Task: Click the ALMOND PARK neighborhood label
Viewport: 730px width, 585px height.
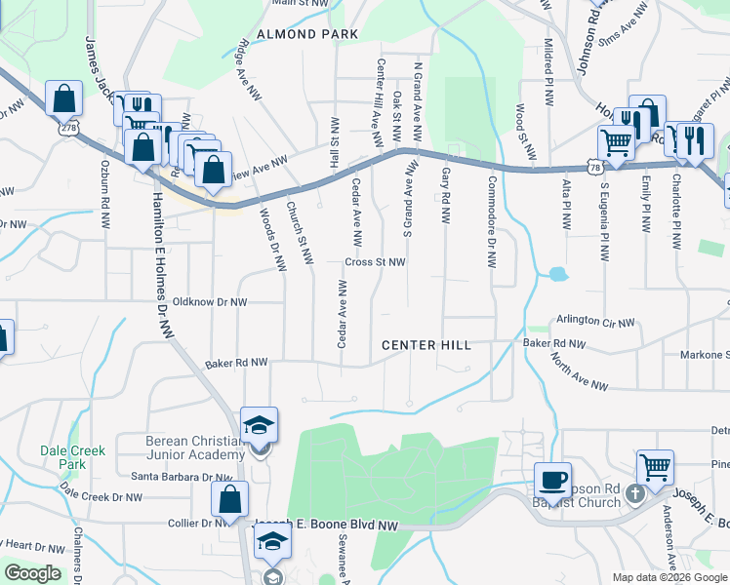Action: (x=294, y=34)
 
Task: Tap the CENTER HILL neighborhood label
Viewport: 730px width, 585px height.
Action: (x=426, y=345)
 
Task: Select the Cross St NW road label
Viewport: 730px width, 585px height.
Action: (x=374, y=262)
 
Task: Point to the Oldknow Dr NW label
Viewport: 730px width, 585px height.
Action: (x=210, y=302)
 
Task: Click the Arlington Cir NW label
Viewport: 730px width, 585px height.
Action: (x=595, y=320)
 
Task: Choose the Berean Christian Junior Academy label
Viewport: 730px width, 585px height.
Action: (x=195, y=448)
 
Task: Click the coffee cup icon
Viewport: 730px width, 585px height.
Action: (x=553, y=479)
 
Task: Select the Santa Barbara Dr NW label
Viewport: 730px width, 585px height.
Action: (x=182, y=477)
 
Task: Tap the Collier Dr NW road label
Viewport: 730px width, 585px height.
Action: (x=201, y=523)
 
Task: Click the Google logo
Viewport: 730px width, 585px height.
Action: (x=32, y=573)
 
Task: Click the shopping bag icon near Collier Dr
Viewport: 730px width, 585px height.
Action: (x=228, y=499)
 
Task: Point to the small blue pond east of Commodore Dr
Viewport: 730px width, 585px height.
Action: (x=558, y=275)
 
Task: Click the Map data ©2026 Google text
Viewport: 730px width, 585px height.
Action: (x=669, y=577)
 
